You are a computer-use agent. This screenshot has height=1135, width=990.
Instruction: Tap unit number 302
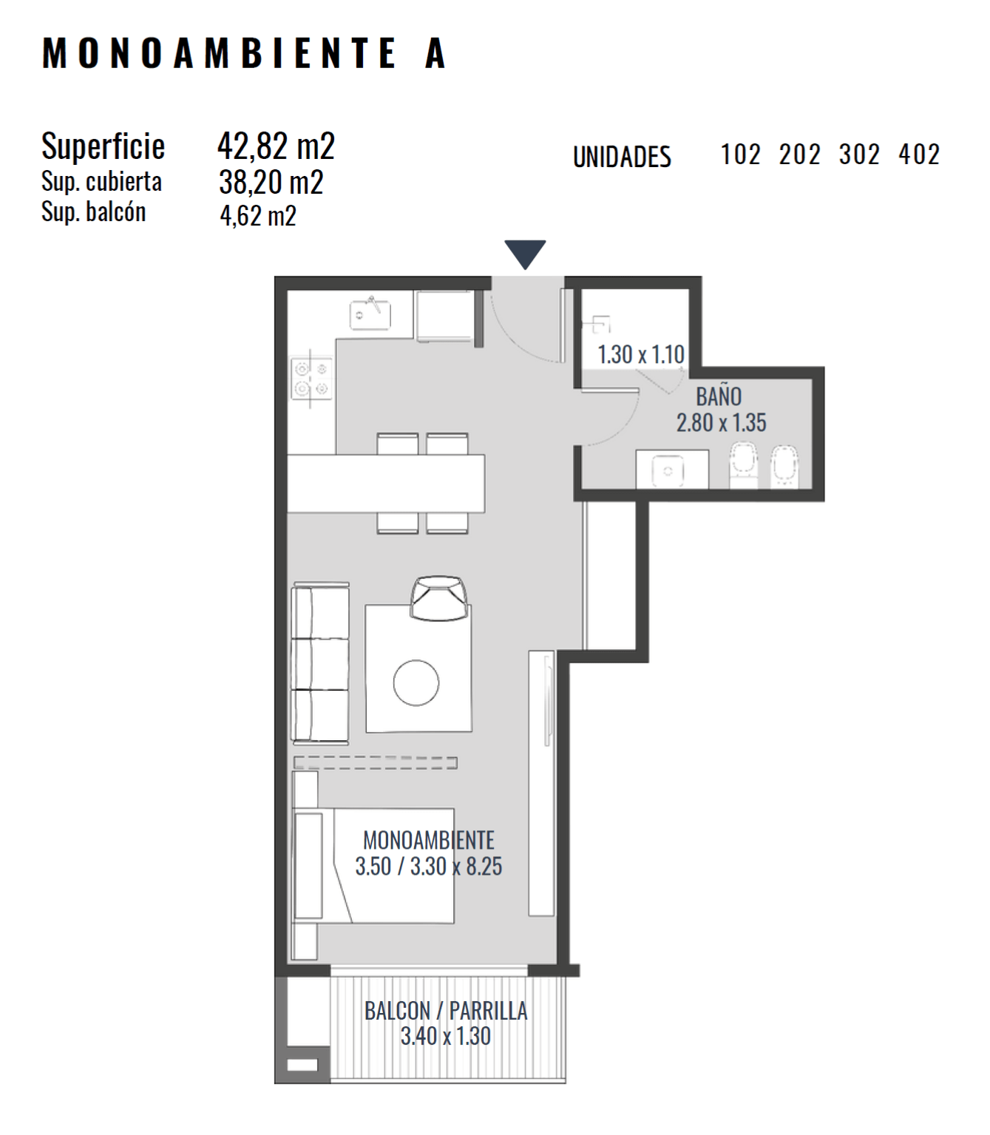pyautogui.click(x=859, y=155)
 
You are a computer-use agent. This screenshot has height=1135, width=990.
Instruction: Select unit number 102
pyautogui.click(x=740, y=155)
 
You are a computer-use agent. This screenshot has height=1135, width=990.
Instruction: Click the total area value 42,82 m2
pyautogui.click(x=276, y=146)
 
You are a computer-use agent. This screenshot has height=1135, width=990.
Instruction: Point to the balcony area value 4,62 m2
pyautogui.click(x=258, y=216)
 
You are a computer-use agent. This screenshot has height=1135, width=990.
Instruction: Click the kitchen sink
pyautogui.click(x=370, y=314)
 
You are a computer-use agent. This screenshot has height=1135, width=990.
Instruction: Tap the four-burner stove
pyautogui.click(x=312, y=379)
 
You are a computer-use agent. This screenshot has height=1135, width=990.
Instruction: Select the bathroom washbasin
pyautogui.click(x=671, y=470)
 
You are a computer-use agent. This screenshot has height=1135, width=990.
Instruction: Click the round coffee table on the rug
pyautogui.click(x=416, y=682)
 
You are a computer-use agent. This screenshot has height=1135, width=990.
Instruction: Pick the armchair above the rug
pyautogui.click(x=438, y=597)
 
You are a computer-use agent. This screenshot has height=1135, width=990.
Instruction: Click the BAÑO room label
pyautogui.click(x=719, y=396)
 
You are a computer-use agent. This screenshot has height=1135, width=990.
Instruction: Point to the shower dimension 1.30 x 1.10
pyautogui.click(x=640, y=354)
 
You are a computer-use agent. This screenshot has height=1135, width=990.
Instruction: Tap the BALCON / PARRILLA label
pyautogui.click(x=445, y=1011)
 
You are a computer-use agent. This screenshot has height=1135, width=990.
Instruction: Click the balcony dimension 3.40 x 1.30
pyautogui.click(x=445, y=1036)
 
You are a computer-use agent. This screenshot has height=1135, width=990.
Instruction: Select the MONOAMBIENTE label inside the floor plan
pyautogui.click(x=428, y=840)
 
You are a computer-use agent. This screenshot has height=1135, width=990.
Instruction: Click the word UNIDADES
pyautogui.click(x=622, y=157)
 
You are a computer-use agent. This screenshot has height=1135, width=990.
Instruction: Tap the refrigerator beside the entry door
pyautogui.click(x=445, y=316)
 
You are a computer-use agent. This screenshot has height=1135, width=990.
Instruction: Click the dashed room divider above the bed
pyautogui.click(x=376, y=763)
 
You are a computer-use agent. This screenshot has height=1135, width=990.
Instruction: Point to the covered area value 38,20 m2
pyautogui.click(x=271, y=182)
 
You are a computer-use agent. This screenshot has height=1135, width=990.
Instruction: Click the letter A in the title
pyautogui.click(x=435, y=53)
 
